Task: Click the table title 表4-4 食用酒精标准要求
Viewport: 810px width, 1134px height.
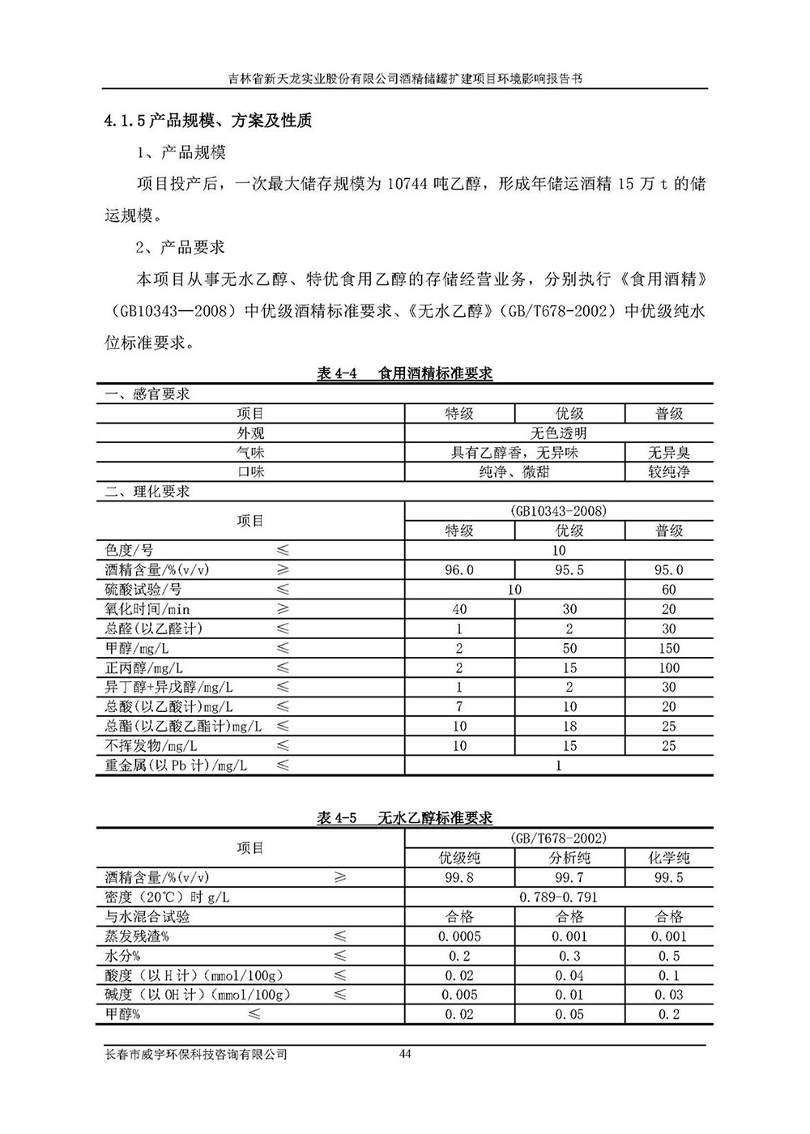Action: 405,373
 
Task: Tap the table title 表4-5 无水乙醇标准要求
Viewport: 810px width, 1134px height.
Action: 405,818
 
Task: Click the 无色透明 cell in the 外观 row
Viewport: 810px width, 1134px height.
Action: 558,433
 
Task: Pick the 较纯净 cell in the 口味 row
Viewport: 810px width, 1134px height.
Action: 668,471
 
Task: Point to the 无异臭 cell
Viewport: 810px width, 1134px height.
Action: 668,453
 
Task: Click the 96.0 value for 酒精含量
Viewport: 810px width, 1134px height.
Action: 459,570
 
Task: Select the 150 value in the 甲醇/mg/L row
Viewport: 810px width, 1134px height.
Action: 668,648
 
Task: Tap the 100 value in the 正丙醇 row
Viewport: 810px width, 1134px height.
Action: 668,667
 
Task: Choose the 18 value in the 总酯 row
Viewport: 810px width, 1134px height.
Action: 569,726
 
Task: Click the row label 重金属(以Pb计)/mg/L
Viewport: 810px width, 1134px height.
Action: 177,765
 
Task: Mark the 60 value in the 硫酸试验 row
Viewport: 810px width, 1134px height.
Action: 668,590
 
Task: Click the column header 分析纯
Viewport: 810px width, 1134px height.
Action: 569,858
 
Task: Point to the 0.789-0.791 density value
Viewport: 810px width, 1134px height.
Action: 558,897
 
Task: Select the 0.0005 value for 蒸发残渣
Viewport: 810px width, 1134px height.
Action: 459,936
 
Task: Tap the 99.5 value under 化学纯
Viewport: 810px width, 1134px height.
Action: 668,878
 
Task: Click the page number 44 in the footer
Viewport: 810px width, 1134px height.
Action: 406,1054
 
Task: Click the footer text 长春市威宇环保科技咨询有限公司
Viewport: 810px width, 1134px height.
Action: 197,1055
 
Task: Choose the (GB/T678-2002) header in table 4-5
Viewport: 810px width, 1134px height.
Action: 558,838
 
